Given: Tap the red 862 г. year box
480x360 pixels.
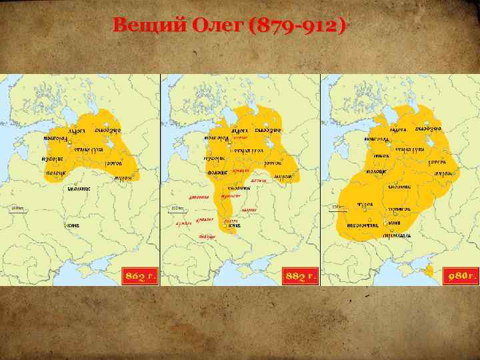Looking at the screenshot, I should pos(139,276).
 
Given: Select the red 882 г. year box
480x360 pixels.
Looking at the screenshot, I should pos(299,276).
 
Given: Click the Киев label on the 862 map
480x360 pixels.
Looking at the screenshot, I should pos(73,225).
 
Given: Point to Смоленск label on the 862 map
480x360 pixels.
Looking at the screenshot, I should pos(79,189).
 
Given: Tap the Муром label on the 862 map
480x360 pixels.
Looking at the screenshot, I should pos(122,178).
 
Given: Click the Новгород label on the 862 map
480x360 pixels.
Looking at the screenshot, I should pos(55,137).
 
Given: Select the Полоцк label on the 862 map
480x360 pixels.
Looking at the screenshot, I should pos(55,173).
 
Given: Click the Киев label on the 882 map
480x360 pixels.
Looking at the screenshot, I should pos(234,225).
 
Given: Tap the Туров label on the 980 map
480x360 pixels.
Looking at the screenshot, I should pos(365,204).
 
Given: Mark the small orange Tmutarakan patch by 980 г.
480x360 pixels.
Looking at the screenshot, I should pos(429,271).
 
